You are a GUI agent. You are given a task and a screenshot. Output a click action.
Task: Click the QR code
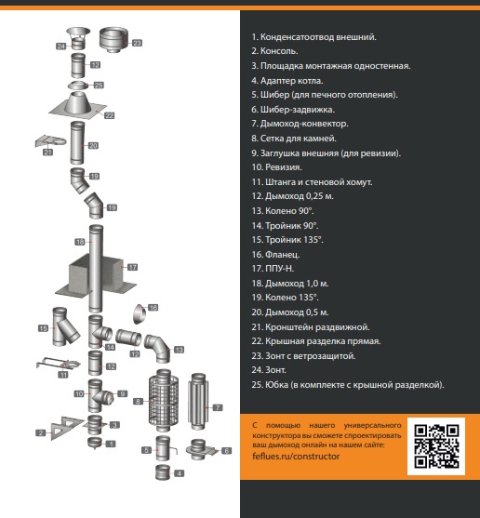click(x=436, y=446)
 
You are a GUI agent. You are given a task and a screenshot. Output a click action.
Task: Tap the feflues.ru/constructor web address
click(x=296, y=457)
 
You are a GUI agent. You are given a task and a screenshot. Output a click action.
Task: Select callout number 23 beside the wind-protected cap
click(x=137, y=43)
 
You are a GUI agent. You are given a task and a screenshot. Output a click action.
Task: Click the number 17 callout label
click(x=132, y=267)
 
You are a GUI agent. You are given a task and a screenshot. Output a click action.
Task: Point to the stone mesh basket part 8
click(x=163, y=401)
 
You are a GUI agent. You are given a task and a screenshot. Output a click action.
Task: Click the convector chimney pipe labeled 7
click(x=198, y=402)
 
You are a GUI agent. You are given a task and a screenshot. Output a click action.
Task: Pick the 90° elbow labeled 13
click(x=158, y=349)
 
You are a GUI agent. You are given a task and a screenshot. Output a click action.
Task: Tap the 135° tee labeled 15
click(x=64, y=326)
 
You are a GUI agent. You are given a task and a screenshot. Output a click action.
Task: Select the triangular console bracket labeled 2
click(x=66, y=428)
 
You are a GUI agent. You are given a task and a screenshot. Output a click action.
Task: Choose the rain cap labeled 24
click(x=78, y=38)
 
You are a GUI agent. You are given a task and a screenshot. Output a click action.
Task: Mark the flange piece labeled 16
click(x=139, y=313)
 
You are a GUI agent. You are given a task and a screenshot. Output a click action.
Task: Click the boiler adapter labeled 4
click(x=163, y=472)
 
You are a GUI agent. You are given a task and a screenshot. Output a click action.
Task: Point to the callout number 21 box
click(x=47, y=152)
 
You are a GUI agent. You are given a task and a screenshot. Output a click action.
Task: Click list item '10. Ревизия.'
click(x=276, y=167)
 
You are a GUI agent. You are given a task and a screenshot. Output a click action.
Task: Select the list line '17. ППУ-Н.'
click(x=273, y=269)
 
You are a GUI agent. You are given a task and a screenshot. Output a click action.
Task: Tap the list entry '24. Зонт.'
click(x=269, y=370)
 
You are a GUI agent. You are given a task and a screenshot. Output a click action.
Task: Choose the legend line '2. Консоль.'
click(x=274, y=51)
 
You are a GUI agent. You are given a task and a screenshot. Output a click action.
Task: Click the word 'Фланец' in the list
click(x=282, y=255)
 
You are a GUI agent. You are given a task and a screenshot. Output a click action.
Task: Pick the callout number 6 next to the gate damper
click(x=226, y=451)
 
